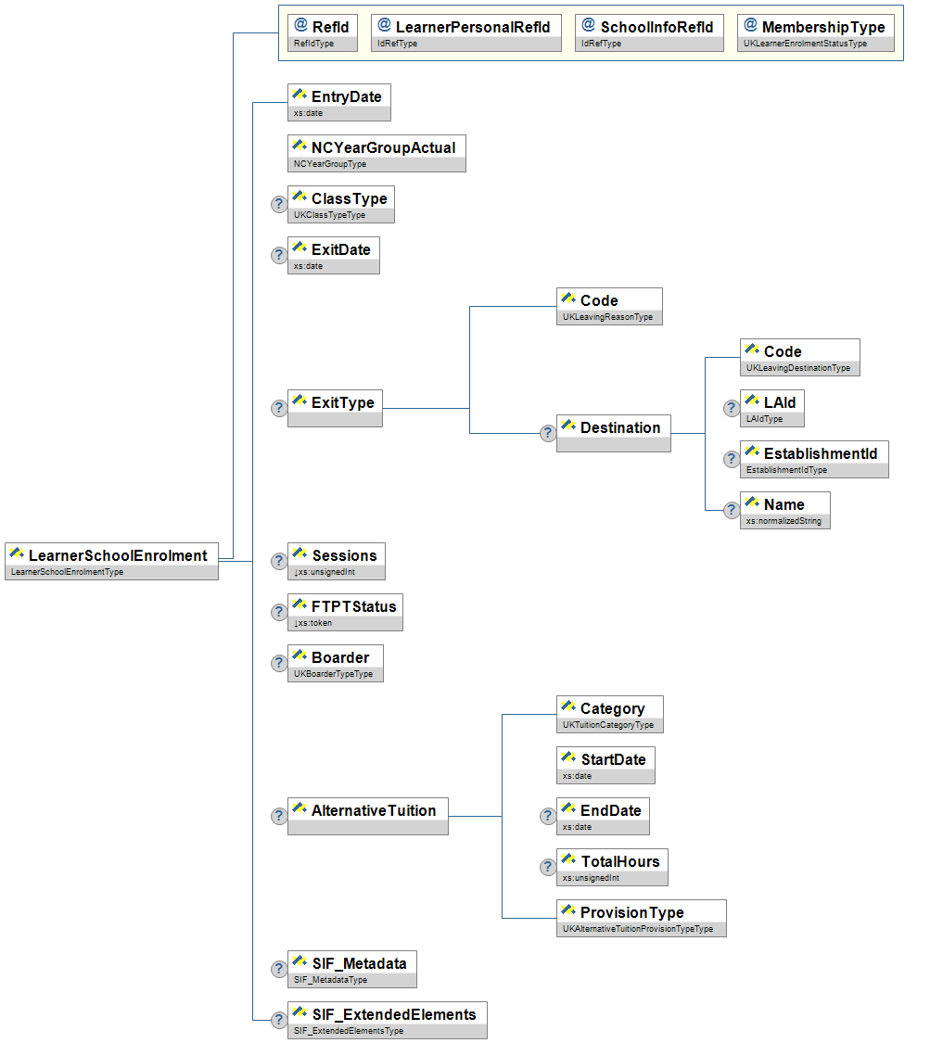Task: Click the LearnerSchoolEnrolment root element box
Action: tap(111, 561)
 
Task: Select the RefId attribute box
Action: tap(322, 32)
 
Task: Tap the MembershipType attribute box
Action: tap(816, 32)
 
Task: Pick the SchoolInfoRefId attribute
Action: tap(648, 32)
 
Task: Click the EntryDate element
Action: tap(339, 102)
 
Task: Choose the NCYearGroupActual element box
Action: tap(376, 153)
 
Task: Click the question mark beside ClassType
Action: tap(278, 204)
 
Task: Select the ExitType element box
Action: tap(335, 408)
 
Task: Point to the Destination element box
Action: tap(613, 433)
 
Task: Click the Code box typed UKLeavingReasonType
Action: tap(609, 306)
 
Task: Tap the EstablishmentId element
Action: tap(814, 459)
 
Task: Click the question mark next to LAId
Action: tap(731, 408)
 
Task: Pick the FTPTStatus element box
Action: tap(345, 612)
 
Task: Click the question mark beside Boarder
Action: tap(278, 663)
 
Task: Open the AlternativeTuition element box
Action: tap(368, 816)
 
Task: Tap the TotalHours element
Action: tap(612, 867)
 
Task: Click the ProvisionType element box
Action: tap(641, 918)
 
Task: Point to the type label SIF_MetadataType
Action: tap(330, 980)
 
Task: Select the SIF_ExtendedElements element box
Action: tap(387, 1020)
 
